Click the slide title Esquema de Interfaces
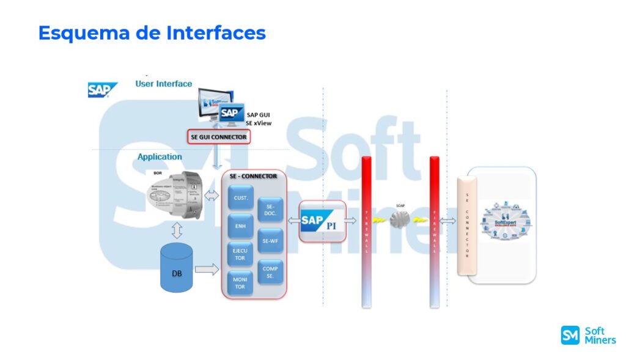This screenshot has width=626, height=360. click(152, 32)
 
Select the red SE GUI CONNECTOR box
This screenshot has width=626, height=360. click(218, 137)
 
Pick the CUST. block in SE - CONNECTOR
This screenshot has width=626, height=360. click(240, 197)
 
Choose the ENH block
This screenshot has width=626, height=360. click(240, 226)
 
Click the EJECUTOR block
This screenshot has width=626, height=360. click(240, 254)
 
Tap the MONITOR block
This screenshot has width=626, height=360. click(240, 282)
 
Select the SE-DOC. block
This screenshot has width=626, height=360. click(270, 210)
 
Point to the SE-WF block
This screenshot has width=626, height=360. click(270, 240)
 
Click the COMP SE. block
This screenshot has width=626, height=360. click(270, 272)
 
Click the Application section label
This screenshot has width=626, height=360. click(160, 156)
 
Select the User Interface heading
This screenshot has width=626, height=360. click(163, 84)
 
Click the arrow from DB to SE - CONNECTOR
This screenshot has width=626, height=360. click(207, 268)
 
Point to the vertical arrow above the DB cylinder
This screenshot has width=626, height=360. click(177, 230)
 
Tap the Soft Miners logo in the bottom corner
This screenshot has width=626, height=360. click(588, 335)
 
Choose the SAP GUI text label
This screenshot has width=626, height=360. click(259, 114)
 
